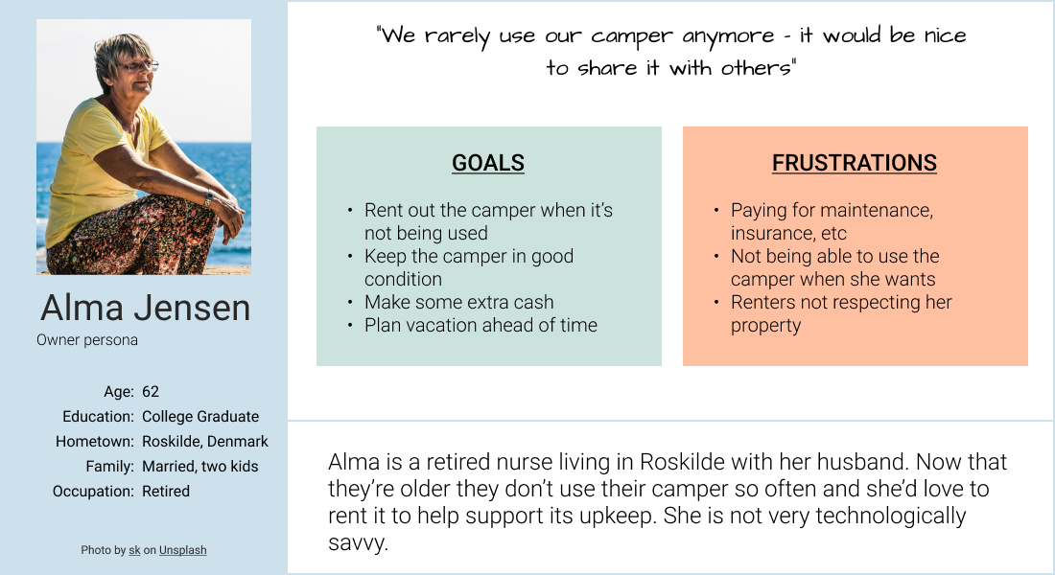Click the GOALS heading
pyautogui.click(x=488, y=163)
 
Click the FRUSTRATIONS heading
pyautogui.click(x=854, y=163)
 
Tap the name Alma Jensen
pyautogui.click(x=145, y=308)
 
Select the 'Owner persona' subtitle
pyautogui.click(x=87, y=340)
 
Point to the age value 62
pyautogui.click(x=151, y=392)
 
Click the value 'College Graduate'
pyautogui.click(x=200, y=417)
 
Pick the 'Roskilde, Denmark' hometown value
pyautogui.click(x=205, y=442)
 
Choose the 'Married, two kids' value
pyautogui.click(x=200, y=467)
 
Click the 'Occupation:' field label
pyautogui.click(x=93, y=492)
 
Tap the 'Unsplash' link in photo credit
pyautogui.click(x=182, y=550)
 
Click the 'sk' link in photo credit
pyautogui.click(x=134, y=550)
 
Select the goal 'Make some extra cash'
pyautogui.click(x=458, y=302)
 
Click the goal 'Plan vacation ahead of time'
pyautogui.click(x=481, y=325)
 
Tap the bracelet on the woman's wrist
pyautogui.click(x=208, y=199)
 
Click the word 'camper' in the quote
pyautogui.click(x=633, y=36)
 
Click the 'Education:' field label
pyautogui.click(x=98, y=417)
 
